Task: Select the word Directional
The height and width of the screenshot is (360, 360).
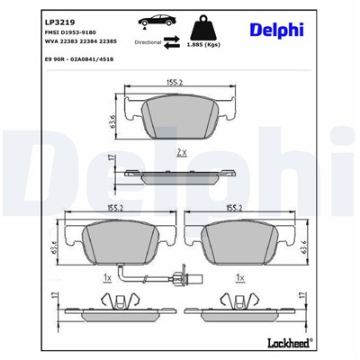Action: [150, 41]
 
